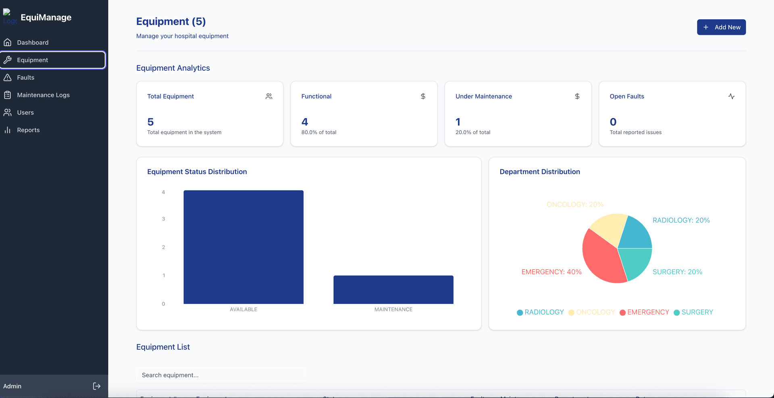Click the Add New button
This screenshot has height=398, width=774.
(x=721, y=27)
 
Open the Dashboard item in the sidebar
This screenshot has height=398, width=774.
(x=32, y=43)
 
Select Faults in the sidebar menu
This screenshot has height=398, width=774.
(x=25, y=78)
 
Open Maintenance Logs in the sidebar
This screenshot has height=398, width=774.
(x=43, y=95)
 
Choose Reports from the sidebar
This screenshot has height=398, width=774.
(x=28, y=130)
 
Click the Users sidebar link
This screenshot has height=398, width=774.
(x=25, y=113)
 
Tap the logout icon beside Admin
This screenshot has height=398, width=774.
(x=97, y=386)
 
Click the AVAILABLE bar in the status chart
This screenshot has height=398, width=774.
(x=243, y=247)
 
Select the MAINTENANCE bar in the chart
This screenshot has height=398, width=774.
(x=393, y=290)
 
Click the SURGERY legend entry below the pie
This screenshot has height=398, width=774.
(x=693, y=312)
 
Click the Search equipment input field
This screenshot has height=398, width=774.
(x=220, y=375)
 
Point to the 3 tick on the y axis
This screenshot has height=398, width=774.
(x=163, y=219)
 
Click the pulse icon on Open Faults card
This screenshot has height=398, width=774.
(x=731, y=97)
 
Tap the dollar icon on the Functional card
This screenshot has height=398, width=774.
(x=423, y=97)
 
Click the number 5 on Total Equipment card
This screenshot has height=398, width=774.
(x=151, y=122)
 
